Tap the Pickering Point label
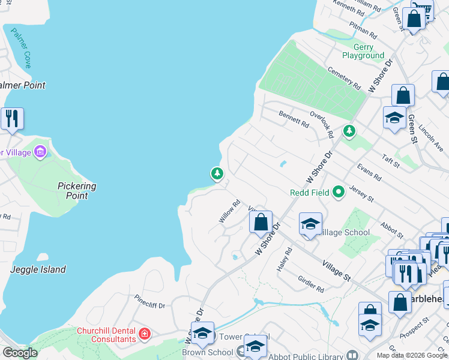(x=77, y=191)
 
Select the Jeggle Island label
(x=38, y=269)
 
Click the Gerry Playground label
(x=363, y=51)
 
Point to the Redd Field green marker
(x=339, y=192)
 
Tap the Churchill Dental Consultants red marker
(x=145, y=333)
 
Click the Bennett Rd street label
(x=294, y=119)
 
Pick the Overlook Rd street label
(x=321, y=122)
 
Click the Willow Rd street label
(x=229, y=212)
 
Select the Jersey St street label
(x=361, y=193)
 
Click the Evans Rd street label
(x=369, y=172)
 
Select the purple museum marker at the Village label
(x=40, y=151)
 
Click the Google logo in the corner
(x=20, y=353)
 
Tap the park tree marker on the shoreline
(x=217, y=174)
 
